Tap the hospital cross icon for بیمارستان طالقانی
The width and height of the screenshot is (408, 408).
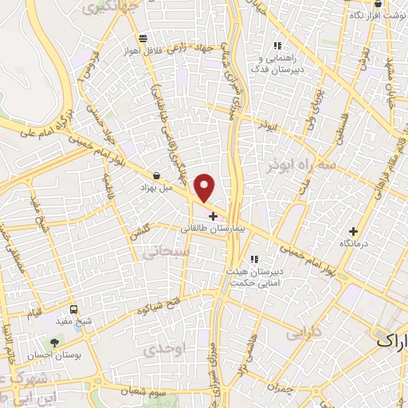[212, 216]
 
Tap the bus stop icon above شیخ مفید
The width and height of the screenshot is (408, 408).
[74, 309]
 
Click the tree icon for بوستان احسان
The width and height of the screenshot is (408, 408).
[54, 343]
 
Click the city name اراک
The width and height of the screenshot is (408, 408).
[390, 340]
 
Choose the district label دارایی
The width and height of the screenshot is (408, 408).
[304, 330]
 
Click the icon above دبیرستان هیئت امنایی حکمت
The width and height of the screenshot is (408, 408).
[255, 259]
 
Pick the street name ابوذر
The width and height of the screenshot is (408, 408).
[267, 126]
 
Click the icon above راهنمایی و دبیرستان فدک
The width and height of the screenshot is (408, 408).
[277, 46]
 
